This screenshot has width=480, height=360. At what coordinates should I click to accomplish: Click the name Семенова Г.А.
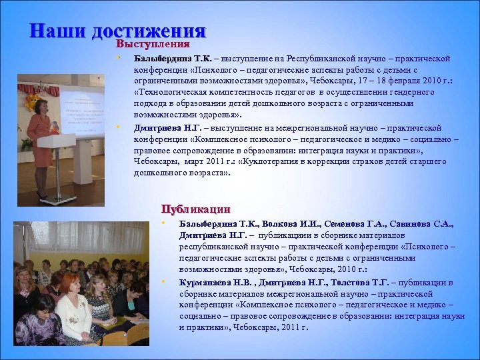tap(351, 225)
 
